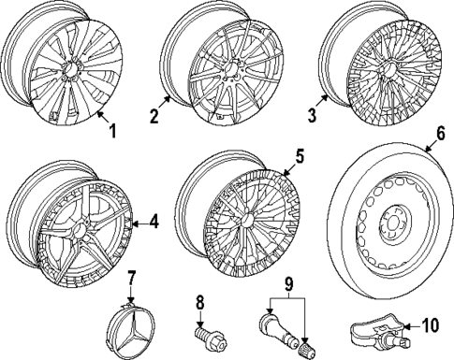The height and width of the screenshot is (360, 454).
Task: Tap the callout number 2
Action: click(x=153, y=119)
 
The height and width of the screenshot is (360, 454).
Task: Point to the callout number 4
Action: click(x=154, y=222)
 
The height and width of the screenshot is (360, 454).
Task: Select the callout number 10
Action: click(x=430, y=325)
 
